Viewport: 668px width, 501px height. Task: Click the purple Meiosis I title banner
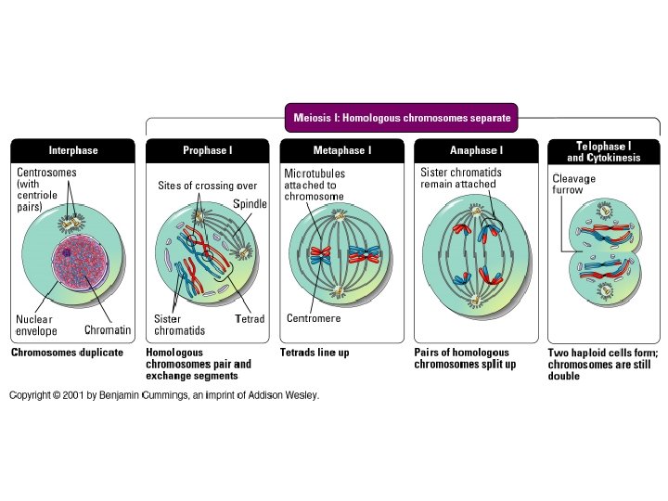[401, 118]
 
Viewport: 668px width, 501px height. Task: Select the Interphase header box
[72, 150]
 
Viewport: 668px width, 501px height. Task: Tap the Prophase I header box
[207, 150]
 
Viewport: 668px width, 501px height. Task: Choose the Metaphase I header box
[341, 150]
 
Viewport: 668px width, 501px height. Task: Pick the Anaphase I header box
[476, 150]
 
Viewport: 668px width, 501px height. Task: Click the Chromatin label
[108, 329]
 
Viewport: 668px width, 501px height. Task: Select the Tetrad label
[250, 319]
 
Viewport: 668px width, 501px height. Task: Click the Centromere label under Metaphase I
[314, 318]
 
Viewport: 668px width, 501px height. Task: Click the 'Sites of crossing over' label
[207, 186]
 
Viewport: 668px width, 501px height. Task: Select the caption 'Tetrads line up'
[315, 353]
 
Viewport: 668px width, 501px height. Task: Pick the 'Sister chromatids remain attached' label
[458, 178]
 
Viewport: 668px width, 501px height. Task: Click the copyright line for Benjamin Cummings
[164, 395]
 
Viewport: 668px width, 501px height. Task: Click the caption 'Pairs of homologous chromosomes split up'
[462, 358]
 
